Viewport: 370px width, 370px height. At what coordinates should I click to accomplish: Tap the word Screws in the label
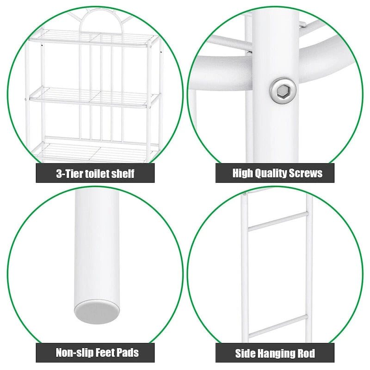304,173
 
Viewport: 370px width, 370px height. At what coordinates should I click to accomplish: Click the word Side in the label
245,354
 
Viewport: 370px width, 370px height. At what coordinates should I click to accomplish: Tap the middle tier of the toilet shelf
92,98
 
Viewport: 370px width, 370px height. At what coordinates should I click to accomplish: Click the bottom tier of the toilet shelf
92,149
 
